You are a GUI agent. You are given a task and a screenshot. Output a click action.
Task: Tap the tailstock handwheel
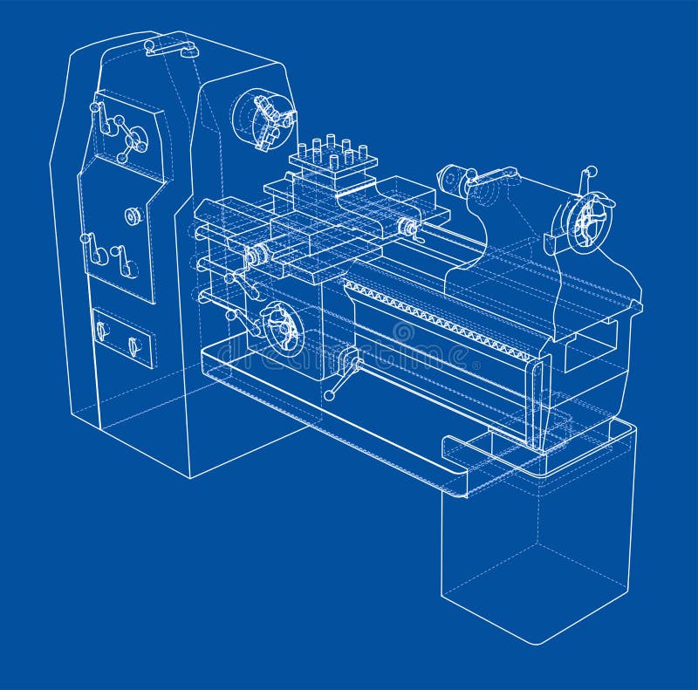(x=584, y=222)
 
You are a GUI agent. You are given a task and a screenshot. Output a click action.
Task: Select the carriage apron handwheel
(x=282, y=327)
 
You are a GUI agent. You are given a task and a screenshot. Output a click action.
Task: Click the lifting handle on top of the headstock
(x=171, y=46)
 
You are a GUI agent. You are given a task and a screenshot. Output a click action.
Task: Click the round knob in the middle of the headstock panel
(x=133, y=215)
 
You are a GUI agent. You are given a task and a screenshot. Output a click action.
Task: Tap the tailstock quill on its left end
(x=454, y=180)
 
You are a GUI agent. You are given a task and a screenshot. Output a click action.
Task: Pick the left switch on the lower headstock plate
(x=102, y=331)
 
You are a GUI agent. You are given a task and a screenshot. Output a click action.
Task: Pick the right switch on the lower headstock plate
(x=133, y=346)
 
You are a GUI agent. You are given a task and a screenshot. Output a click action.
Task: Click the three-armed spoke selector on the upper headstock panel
(x=132, y=140)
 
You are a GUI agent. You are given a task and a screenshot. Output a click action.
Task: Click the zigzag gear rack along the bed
(x=436, y=318)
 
